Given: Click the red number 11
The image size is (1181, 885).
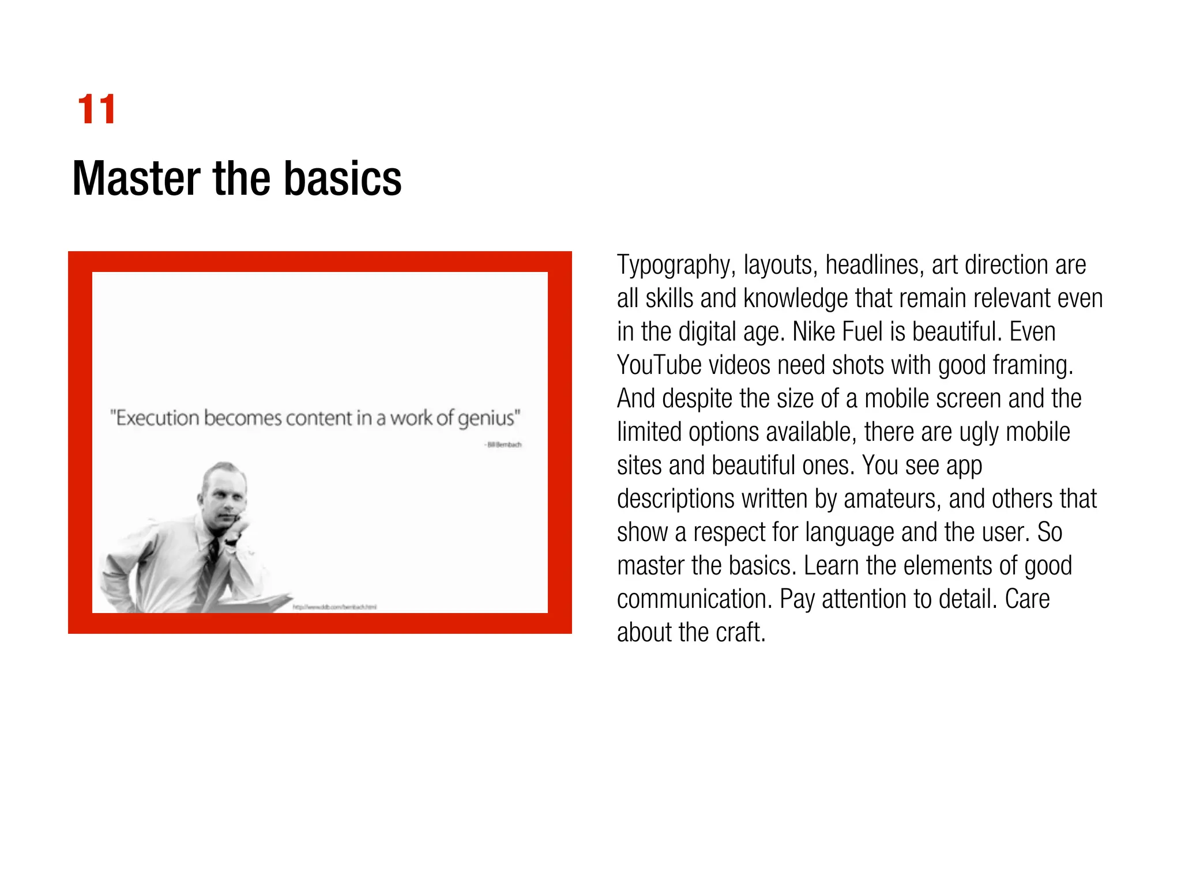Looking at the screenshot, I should click(x=96, y=109).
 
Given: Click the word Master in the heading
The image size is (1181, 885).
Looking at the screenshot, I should click(x=136, y=179).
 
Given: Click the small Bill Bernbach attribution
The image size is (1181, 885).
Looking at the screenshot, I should click(x=503, y=444).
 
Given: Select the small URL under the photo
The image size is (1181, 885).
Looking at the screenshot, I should click(x=334, y=607).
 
